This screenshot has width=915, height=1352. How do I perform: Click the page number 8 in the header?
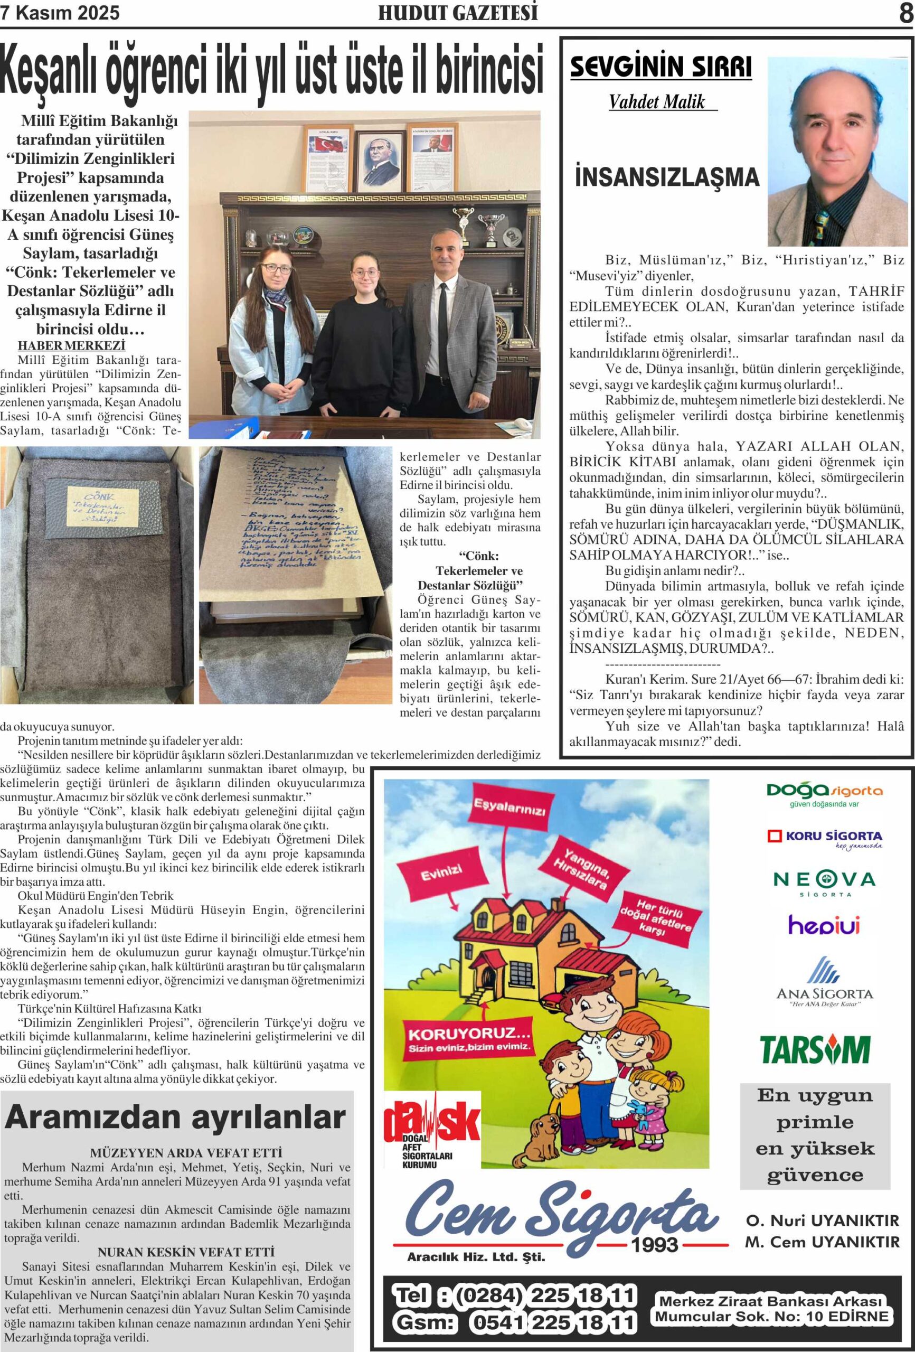[905, 13]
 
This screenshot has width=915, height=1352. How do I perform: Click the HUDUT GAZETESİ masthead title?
[458, 13]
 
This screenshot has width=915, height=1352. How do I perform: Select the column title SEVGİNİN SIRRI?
[661, 68]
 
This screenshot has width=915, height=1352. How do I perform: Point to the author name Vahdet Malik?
[657, 102]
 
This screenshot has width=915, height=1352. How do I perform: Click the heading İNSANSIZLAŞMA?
[667, 177]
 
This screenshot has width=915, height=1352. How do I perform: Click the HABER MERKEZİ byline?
[72, 345]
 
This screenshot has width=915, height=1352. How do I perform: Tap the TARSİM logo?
[816, 1049]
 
